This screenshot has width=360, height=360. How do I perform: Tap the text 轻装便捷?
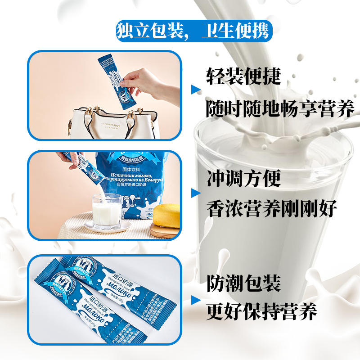[x=243, y=76]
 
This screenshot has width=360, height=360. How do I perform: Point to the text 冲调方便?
[x=243, y=178]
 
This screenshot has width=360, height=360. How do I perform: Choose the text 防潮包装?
[x=243, y=283]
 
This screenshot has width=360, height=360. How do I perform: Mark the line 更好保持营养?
[x=261, y=311]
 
